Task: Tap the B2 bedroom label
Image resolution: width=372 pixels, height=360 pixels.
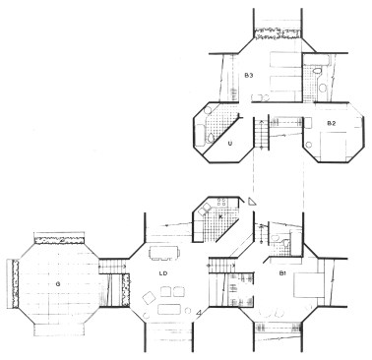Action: coord(332,123)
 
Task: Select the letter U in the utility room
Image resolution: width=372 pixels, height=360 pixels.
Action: coord(229,145)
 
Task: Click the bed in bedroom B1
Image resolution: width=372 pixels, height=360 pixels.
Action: coord(311,285)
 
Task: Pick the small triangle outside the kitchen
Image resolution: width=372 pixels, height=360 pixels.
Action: coord(253,201)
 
